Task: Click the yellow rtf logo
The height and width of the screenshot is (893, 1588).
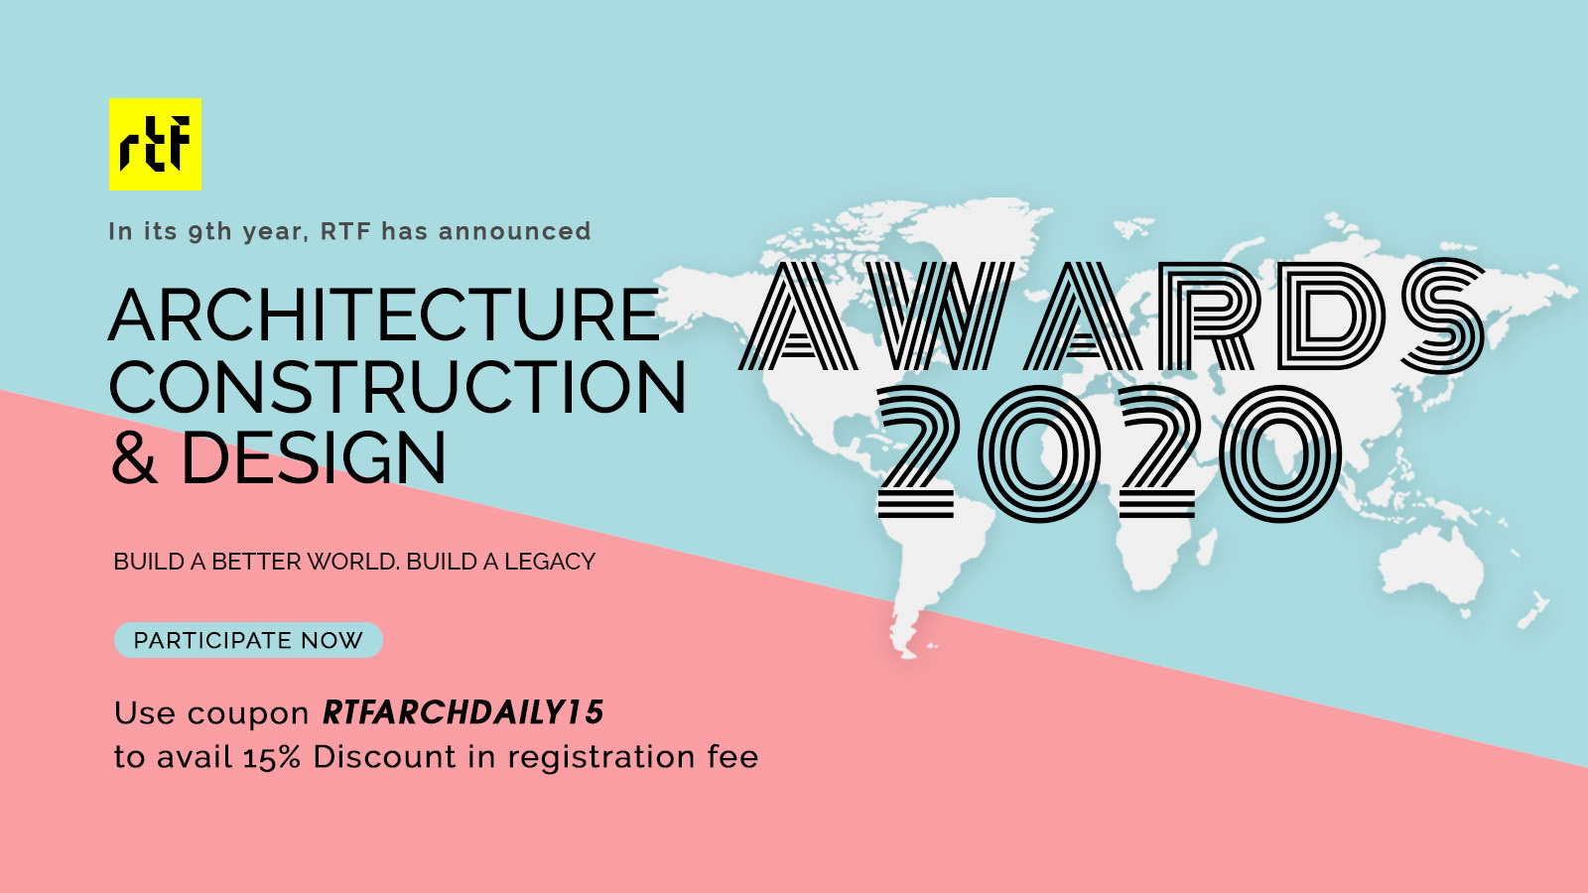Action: pos(155,144)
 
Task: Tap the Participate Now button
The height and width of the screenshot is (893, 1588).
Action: pos(248,640)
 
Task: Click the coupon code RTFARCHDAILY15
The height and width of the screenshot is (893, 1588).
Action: pos(463,712)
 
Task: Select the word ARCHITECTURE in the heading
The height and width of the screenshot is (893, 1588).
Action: pos(384,316)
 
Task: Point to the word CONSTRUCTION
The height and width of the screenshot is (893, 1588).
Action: pos(397,387)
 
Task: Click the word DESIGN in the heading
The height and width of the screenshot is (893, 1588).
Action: pos(314,458)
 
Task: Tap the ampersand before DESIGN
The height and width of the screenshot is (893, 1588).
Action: pos(134,458)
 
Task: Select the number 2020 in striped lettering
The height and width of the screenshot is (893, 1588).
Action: pos(1109,453)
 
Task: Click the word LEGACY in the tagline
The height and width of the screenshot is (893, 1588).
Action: pos(549,562)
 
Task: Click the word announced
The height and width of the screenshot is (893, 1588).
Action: pos(515,231)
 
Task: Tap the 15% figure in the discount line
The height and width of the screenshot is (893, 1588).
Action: pos(272,758)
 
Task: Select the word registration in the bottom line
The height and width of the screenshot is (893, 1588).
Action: pos(601,758)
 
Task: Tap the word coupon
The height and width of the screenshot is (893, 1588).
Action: pos(248,714)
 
